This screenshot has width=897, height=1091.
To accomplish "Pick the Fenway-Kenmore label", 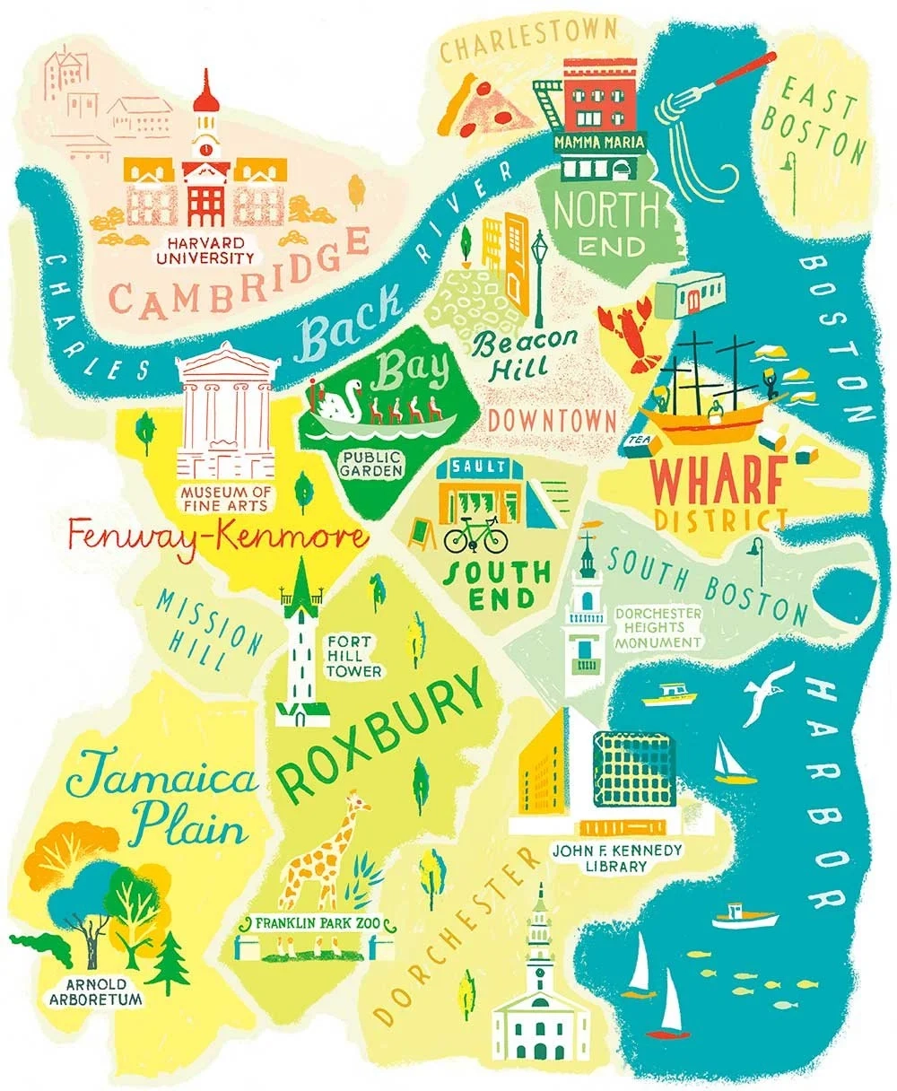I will tap(218, 539).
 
